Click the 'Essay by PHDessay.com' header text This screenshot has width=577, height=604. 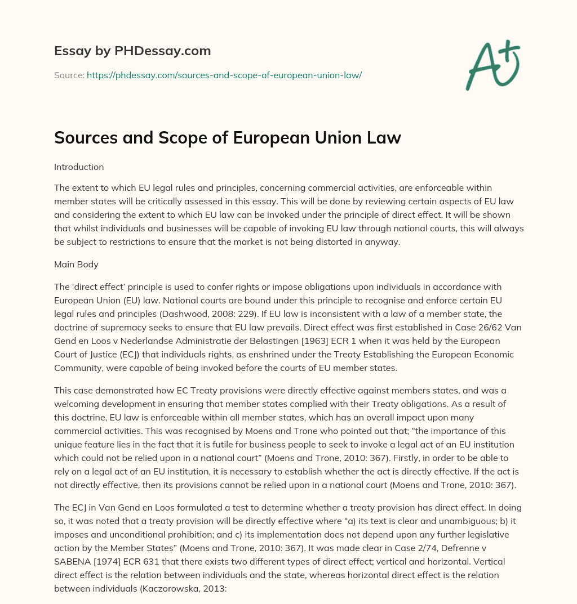pyautogui.click(x=132, y=51)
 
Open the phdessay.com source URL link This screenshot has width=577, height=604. pyautogui.click(x=224, y=75)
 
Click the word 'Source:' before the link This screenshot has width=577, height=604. pyautogui.click(x=69, y=75)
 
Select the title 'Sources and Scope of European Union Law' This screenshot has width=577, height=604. pyautogui.click(x=227, y=138)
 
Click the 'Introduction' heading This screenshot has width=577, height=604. pyautogui.click(x=79, y=167)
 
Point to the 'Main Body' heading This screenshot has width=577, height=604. pyautogui.click(x=76, y=263)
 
